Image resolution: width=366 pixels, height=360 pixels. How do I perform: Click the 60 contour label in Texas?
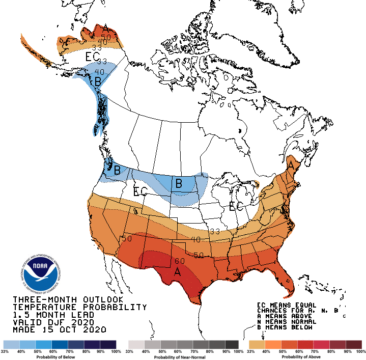point(179,261)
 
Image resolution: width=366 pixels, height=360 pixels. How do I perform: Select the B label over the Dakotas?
point(179,183)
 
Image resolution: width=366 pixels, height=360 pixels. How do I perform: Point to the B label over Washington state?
point(117,170)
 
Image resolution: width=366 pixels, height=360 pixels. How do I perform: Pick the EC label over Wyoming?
point(140,192)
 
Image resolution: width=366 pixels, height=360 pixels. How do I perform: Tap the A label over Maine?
point(291,165)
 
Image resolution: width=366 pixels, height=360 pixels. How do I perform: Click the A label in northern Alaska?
point(105,27)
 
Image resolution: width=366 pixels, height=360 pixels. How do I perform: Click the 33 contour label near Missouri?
point(214,231)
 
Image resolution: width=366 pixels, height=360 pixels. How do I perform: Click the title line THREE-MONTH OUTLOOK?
point(68,299)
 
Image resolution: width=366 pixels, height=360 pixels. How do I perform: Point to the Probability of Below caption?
point(60,357)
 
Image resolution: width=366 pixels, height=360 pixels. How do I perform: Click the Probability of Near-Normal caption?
point(183,357)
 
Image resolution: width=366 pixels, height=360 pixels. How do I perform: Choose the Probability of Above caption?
point(304,357)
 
